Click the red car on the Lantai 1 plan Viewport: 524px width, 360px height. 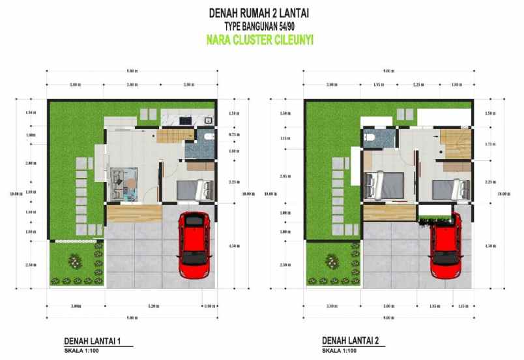(194, 243)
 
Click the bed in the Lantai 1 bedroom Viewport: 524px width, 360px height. (194, 190)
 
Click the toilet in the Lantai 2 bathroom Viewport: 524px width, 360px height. (370, 137)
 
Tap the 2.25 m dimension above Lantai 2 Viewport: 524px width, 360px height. (417, 85)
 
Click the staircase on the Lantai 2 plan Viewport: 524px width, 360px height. (454, 142)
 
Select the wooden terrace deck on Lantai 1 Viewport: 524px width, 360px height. (134, 213)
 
